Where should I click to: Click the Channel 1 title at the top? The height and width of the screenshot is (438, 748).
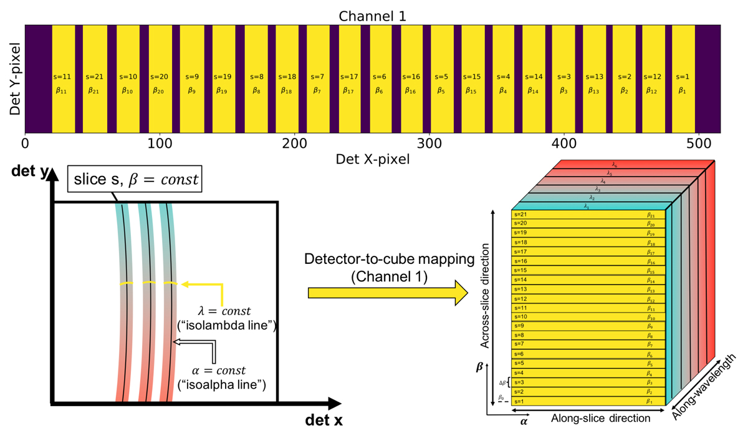click(x=372, y=16)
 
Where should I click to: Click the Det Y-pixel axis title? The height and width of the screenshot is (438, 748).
click(x=15, y=79)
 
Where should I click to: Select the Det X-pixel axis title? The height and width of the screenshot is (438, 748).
click(x=372, y=159)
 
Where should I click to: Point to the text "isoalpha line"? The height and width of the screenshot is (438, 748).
click(x=222, y=384)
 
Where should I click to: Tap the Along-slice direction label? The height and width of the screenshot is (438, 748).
click(x=600, y=419)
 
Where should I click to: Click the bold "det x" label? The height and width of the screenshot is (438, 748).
click(x=324, y=420)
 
